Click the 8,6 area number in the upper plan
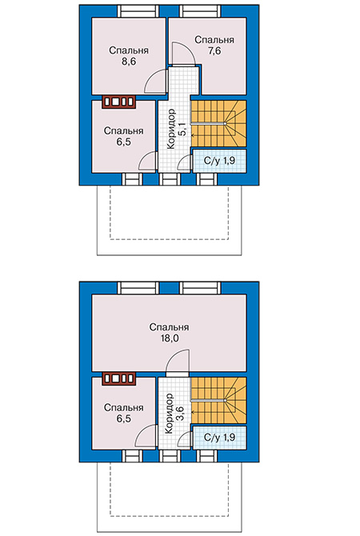129,62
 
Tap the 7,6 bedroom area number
214,51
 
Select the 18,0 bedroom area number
170,338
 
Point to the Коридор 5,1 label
177,129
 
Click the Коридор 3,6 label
174,414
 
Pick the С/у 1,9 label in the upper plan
219,161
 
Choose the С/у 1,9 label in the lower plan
219,438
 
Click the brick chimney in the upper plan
119,102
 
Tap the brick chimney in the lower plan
119,378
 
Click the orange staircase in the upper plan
218,124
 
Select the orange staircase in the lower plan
218,400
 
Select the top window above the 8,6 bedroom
138,11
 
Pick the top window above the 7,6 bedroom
201,11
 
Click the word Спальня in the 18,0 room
170,328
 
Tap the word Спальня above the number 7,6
214,40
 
